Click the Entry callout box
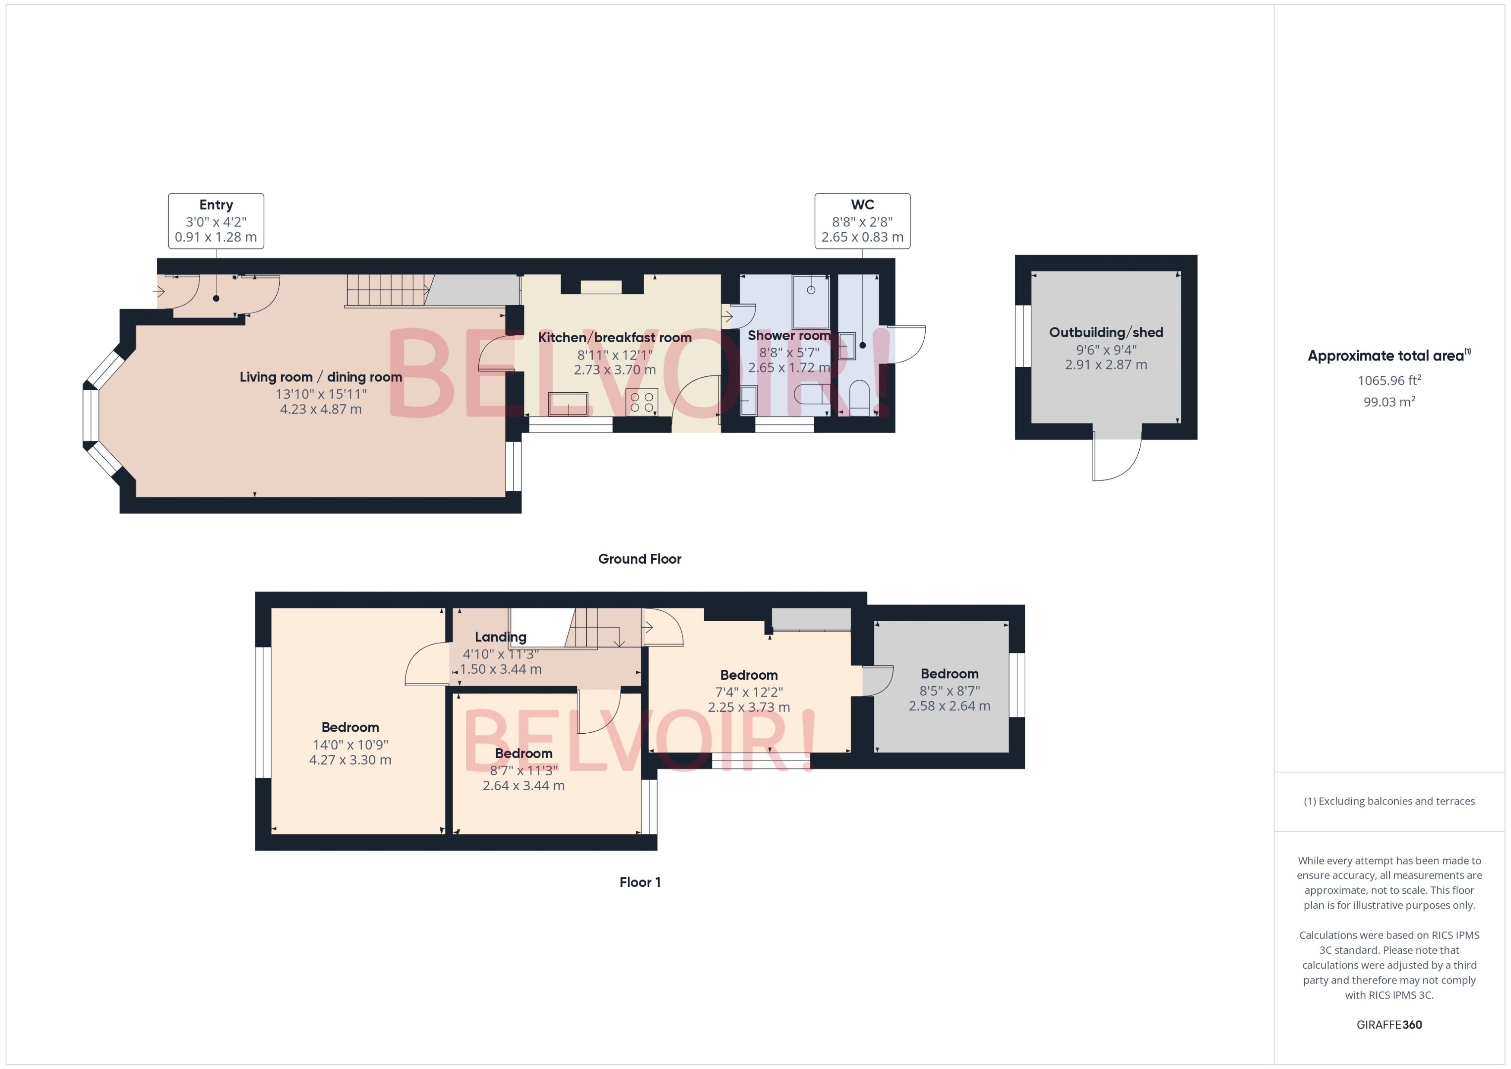(x=216, y=221)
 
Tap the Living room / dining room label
(x=321, y=377)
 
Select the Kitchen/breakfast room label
(x=614, y=337)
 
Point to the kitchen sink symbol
(x=568, y=404)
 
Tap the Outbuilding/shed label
(x=1106, y=332)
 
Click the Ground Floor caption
(x=639, y=559)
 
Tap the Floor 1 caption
(x=639, y=882)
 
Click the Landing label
(x=500, y=637)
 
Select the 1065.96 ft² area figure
(x=1388, y=381)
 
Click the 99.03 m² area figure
(x=1388, y=401)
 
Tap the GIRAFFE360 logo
(x=1388, y=1025)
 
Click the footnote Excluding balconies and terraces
(x=1388, y=801)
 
